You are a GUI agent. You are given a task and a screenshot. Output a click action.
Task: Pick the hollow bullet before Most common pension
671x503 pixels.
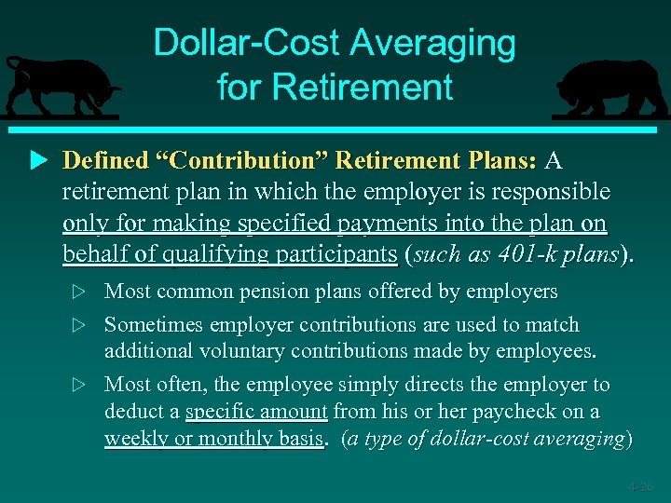pyautogui.click(x=79, y=292)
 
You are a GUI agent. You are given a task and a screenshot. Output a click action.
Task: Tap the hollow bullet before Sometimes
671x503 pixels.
pyautogui.click(x=79, y=326)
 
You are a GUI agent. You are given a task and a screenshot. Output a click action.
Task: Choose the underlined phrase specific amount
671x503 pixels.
pyautogui.click(x=256, y=411)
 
